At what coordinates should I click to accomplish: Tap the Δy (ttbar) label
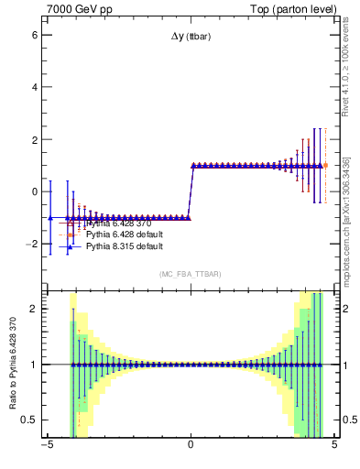click(190, 37)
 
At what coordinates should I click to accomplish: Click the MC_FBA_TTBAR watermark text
click(190, 275)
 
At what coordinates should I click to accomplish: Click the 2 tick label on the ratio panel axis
click(33, 309)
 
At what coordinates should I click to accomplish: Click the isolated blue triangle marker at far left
click(50, 218)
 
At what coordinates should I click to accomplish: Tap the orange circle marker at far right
click(325, 165)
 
